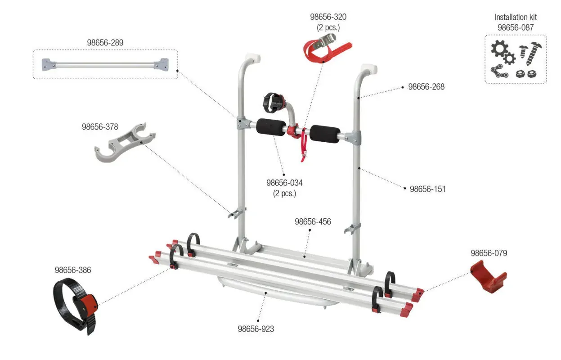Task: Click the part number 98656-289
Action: (x=105, y=43)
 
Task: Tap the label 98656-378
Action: (x=100, y=127)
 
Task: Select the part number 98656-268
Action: (x=426, y=87)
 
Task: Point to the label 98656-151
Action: (x=428, y=189)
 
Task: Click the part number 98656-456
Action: (x=313, y=222)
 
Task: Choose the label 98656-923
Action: (x=256, y=329)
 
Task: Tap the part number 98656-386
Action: (x=73, y=270)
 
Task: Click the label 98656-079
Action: (x=489, y=253)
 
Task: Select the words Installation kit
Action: (x=516, y=17)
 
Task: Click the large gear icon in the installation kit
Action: (x=499, y=49)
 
